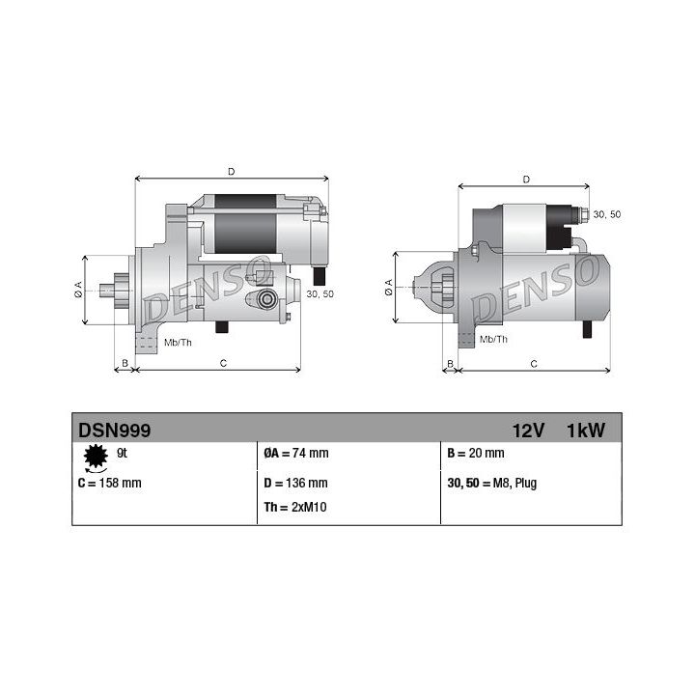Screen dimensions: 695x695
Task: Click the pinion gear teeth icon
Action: coord(96,457)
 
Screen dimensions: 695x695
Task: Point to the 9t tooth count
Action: coord(122,453)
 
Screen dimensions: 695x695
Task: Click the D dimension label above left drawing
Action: coord(231,172)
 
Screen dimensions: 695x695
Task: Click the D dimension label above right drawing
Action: coord(525,179)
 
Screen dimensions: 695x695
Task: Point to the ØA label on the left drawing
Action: coord(78,290)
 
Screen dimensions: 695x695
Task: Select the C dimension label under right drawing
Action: coord(534,363)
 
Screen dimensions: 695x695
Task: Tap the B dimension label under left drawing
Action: coord(123,363)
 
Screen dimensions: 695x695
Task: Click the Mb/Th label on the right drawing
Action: coord(493,340)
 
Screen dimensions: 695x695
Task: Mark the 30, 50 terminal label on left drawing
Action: coord(320,293)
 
